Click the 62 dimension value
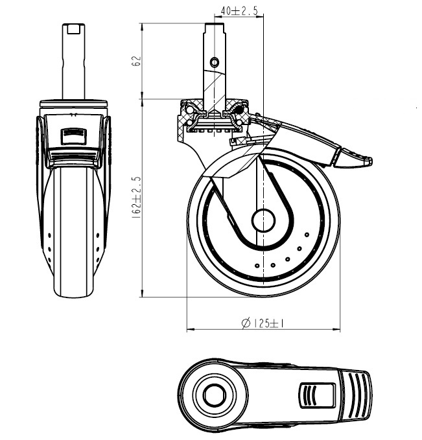[x=136, y=62]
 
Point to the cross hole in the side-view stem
[x=215, y=62]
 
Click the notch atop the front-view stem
[x=73, y=29]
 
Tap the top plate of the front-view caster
[x=73, y=104]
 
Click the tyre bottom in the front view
[x=73, y=295]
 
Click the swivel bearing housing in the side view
[x=214, y=117]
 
